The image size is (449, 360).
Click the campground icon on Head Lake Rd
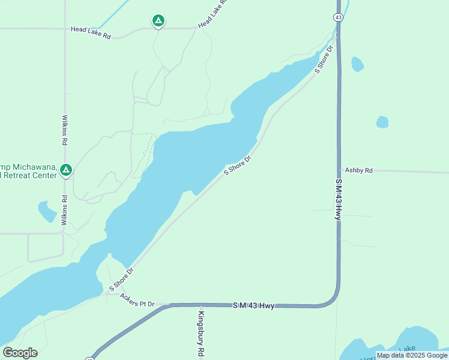coord(158,22)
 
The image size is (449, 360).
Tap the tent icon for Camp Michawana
coord(67,171)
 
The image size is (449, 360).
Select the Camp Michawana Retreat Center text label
coord(28,171)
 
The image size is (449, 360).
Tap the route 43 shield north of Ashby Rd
coord(339,18)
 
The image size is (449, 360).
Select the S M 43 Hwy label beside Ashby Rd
coord(339,198)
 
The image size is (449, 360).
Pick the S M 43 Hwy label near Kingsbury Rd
coord(253,306)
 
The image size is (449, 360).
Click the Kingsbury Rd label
coord(202,334)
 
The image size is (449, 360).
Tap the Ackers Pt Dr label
coord(137,300)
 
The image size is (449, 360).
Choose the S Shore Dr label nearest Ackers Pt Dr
coord(121,280)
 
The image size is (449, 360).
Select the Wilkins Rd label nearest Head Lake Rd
coord(65,131)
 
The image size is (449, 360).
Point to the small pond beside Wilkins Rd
coord(47,211)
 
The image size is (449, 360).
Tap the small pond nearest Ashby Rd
coord(382,122)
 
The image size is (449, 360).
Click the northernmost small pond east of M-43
coord(357,64)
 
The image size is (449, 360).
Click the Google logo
coord(20,353)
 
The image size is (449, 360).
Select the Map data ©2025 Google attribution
coord(412,355)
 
